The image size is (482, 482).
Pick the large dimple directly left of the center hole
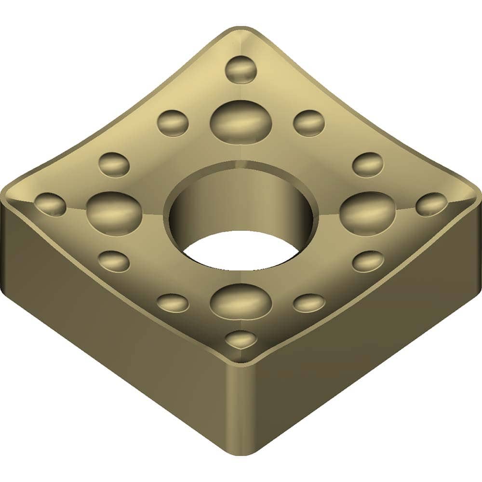pyautogui.click(x=114, y=213)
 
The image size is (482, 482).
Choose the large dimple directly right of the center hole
pyautogui.click(x=367, y=213)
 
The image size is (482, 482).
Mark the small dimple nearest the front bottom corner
pyautogui.click(x=241, y=339)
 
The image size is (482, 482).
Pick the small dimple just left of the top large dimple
pyautogui.click(x=173, y=122)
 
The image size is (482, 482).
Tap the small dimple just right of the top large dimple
pyautogui.click(x=308, y=122)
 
